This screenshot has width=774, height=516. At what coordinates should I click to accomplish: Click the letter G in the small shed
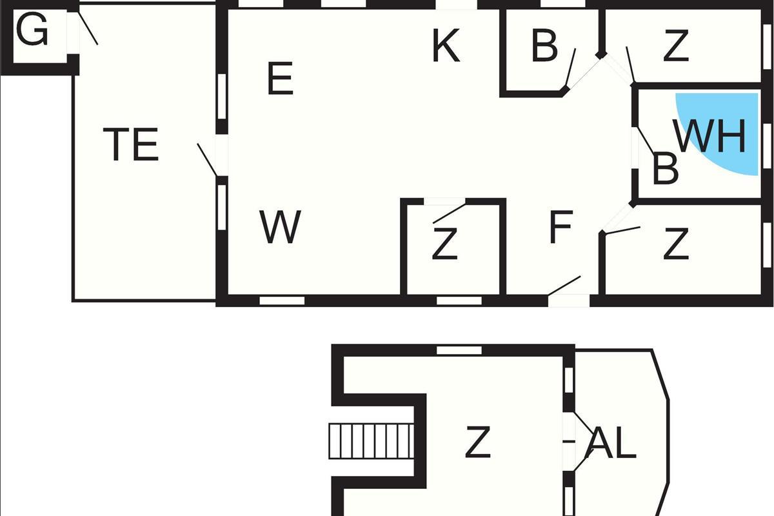click(32, 28)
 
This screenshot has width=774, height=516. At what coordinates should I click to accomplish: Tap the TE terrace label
click(131, 144)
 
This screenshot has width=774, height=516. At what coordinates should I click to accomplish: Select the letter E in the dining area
click(280, 78)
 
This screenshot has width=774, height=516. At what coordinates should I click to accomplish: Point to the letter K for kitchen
click(446, 45)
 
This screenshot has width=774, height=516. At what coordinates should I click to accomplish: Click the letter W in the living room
click(280, 226)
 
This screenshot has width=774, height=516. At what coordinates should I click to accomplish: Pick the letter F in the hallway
click(561, 226)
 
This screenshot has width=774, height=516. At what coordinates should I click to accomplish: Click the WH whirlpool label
click(709, 136)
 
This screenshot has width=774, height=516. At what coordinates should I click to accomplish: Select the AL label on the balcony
click(611, 442)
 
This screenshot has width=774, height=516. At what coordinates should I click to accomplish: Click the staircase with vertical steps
click(372, 441)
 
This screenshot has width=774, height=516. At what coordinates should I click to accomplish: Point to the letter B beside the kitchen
click(544, 45)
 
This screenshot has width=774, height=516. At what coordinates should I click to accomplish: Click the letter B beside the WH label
click(665, 168)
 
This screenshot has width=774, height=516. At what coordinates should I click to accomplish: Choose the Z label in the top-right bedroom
click(676, 45)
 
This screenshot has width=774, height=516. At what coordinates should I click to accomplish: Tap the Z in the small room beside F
click(444, 243)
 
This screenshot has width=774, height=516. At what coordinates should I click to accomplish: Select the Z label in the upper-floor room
click(478, 442)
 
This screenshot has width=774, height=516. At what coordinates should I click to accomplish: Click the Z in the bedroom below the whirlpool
click(676, 243)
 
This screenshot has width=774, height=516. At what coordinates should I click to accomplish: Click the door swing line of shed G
click(88, 28)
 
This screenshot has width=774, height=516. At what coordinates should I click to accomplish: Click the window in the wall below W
click(282, 301)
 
